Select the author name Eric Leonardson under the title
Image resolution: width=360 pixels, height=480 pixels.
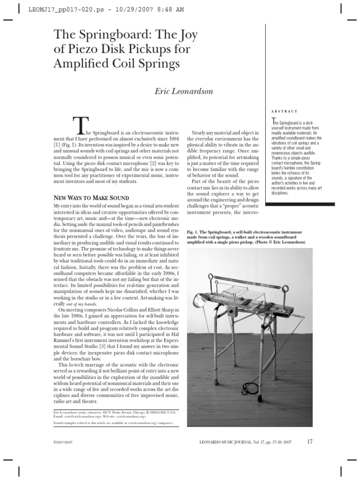click(x=184, y=91)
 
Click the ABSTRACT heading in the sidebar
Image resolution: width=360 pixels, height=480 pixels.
click(x=284, y=111)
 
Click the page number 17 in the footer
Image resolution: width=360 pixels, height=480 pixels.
click(x=310, y=442)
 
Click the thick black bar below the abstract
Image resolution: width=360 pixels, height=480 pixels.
click(x=300, y=204)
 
